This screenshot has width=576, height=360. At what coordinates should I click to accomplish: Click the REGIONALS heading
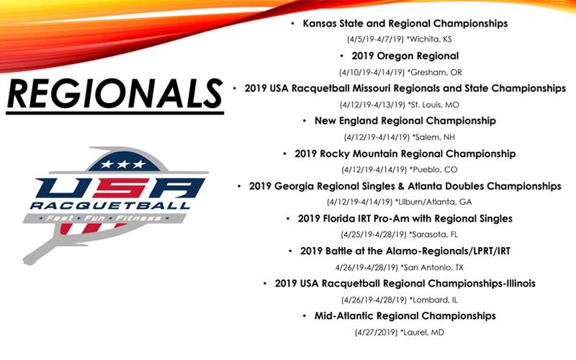tap(114, 94)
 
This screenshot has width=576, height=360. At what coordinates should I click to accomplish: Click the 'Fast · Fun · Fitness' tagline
tap(115, 217)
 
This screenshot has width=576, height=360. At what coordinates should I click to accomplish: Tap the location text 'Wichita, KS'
tap(432, 40)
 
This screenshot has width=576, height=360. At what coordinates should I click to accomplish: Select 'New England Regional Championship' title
tap(405, 120)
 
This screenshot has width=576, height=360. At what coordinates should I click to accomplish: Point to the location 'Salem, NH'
tap(432, 137)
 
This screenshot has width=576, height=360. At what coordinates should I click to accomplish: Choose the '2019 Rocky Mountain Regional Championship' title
tap(405, 153)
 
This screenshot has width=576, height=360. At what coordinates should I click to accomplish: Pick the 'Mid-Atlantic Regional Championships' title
tap(405, 315)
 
